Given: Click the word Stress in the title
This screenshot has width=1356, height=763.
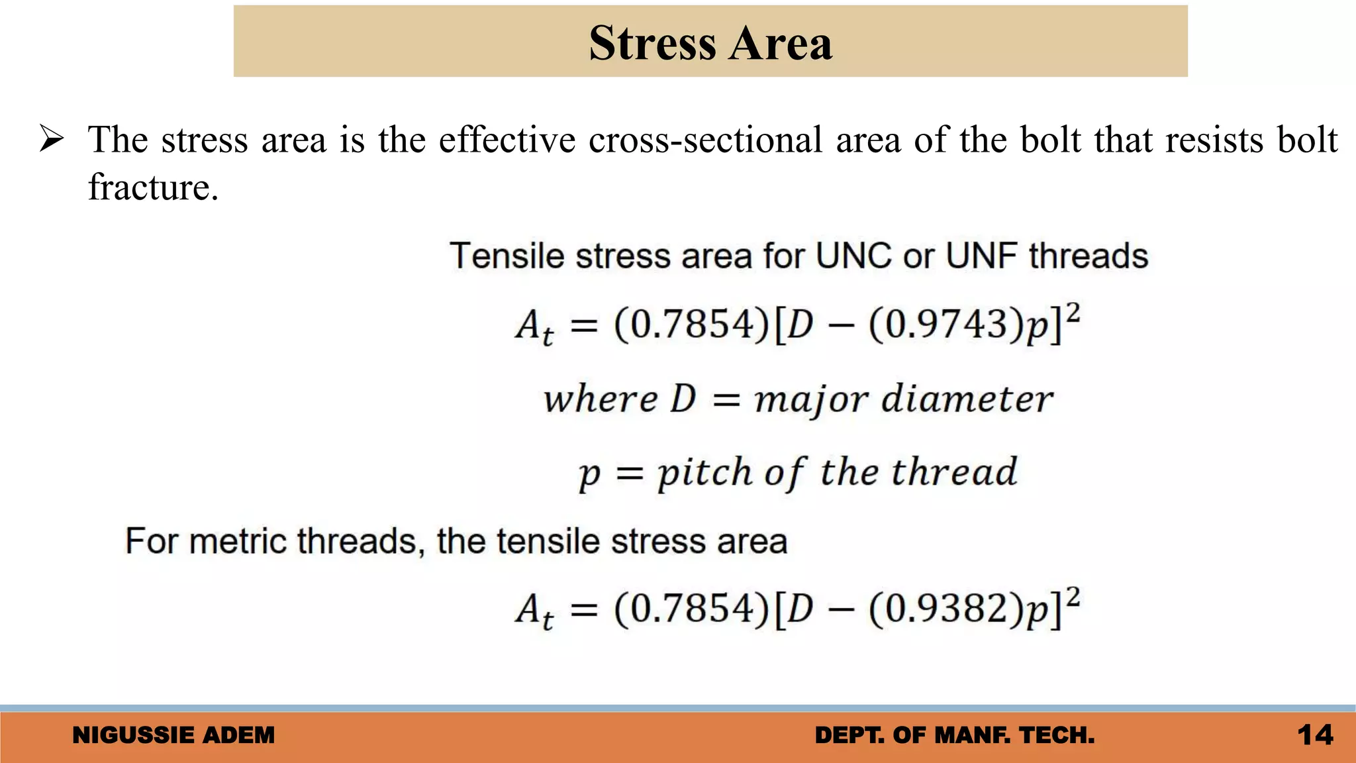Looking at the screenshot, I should tap(653, 44).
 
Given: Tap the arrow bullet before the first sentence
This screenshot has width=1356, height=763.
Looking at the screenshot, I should tap(51, 140).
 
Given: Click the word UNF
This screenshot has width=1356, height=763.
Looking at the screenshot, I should tap(982, 256).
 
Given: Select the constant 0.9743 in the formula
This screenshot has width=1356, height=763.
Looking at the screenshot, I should tap(947, 325).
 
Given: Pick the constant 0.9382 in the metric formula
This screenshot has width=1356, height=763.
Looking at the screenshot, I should tap(947, 609).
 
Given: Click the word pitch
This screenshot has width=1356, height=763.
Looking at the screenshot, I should tap(704, 473).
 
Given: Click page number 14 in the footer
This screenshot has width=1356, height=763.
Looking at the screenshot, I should tap(1315, 735).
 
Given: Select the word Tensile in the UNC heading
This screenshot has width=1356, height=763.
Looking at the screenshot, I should tap(507, 256).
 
